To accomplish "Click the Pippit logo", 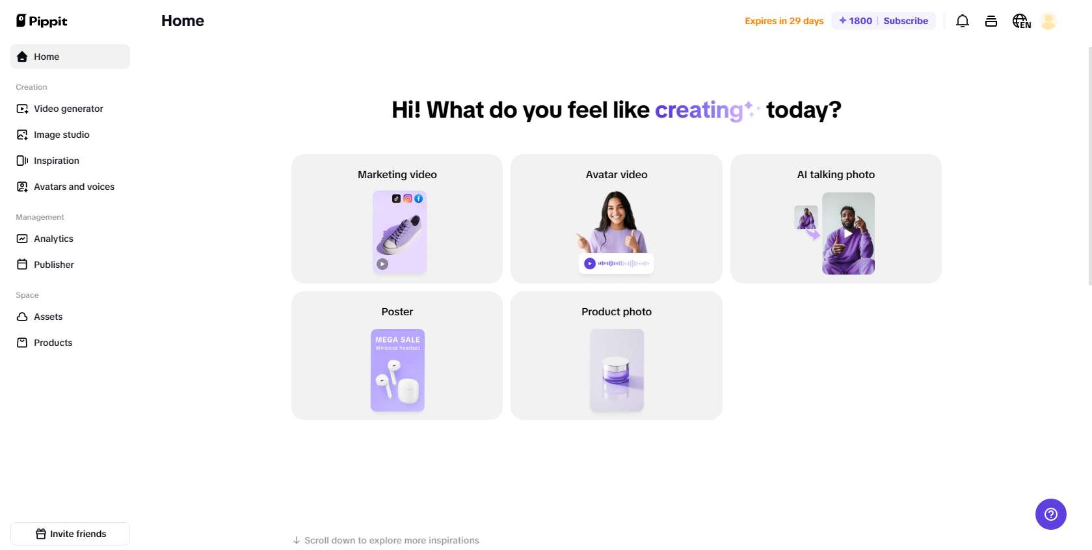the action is click(42, 21).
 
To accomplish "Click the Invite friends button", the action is click(70, 534).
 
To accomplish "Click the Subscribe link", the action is click(905, 21).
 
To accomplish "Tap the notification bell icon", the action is click(963, 21).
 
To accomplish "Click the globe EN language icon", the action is click(1021, 21).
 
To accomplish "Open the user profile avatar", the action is click(1048, 21).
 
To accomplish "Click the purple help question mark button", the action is click(1050, 514).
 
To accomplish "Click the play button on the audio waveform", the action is click(589, 263).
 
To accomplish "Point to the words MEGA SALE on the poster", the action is click(397, 339).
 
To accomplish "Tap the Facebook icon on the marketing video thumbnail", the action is click(418, 198).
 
